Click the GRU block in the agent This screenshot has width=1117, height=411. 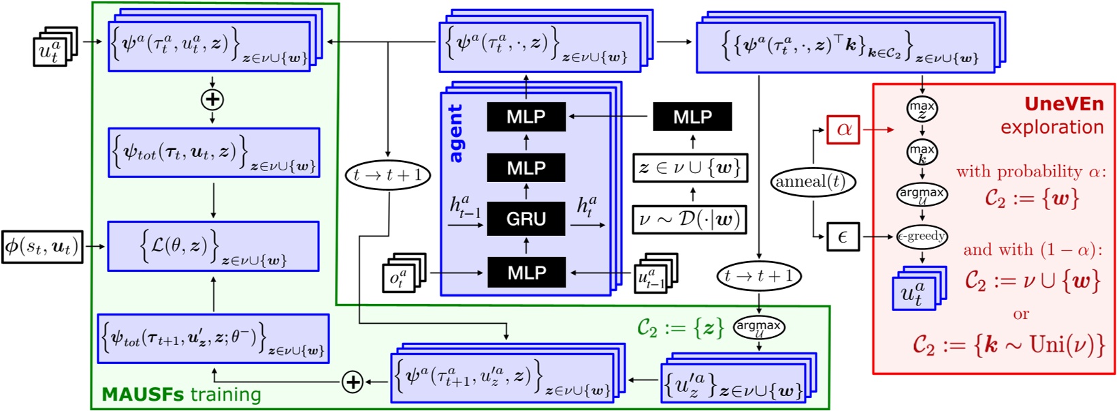525,219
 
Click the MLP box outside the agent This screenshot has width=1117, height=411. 692,117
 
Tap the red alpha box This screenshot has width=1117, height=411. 843,130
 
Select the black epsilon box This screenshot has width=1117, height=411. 843,237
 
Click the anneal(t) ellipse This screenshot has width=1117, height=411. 813,182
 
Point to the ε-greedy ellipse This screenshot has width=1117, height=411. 922,237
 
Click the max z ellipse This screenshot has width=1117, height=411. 922,108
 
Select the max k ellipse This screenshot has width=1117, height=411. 922,151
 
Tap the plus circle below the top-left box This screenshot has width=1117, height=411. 212,100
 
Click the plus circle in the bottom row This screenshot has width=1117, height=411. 353,382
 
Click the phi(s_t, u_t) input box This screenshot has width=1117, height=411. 42,247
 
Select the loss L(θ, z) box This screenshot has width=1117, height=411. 213,246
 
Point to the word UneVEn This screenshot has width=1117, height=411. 1064,104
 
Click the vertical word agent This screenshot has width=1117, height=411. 455,134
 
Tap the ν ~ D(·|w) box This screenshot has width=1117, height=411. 689,219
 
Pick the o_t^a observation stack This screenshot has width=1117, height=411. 403,273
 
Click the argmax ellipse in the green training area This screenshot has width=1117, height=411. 759,327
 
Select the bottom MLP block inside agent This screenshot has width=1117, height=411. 525,273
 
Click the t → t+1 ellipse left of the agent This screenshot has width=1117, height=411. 388,175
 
